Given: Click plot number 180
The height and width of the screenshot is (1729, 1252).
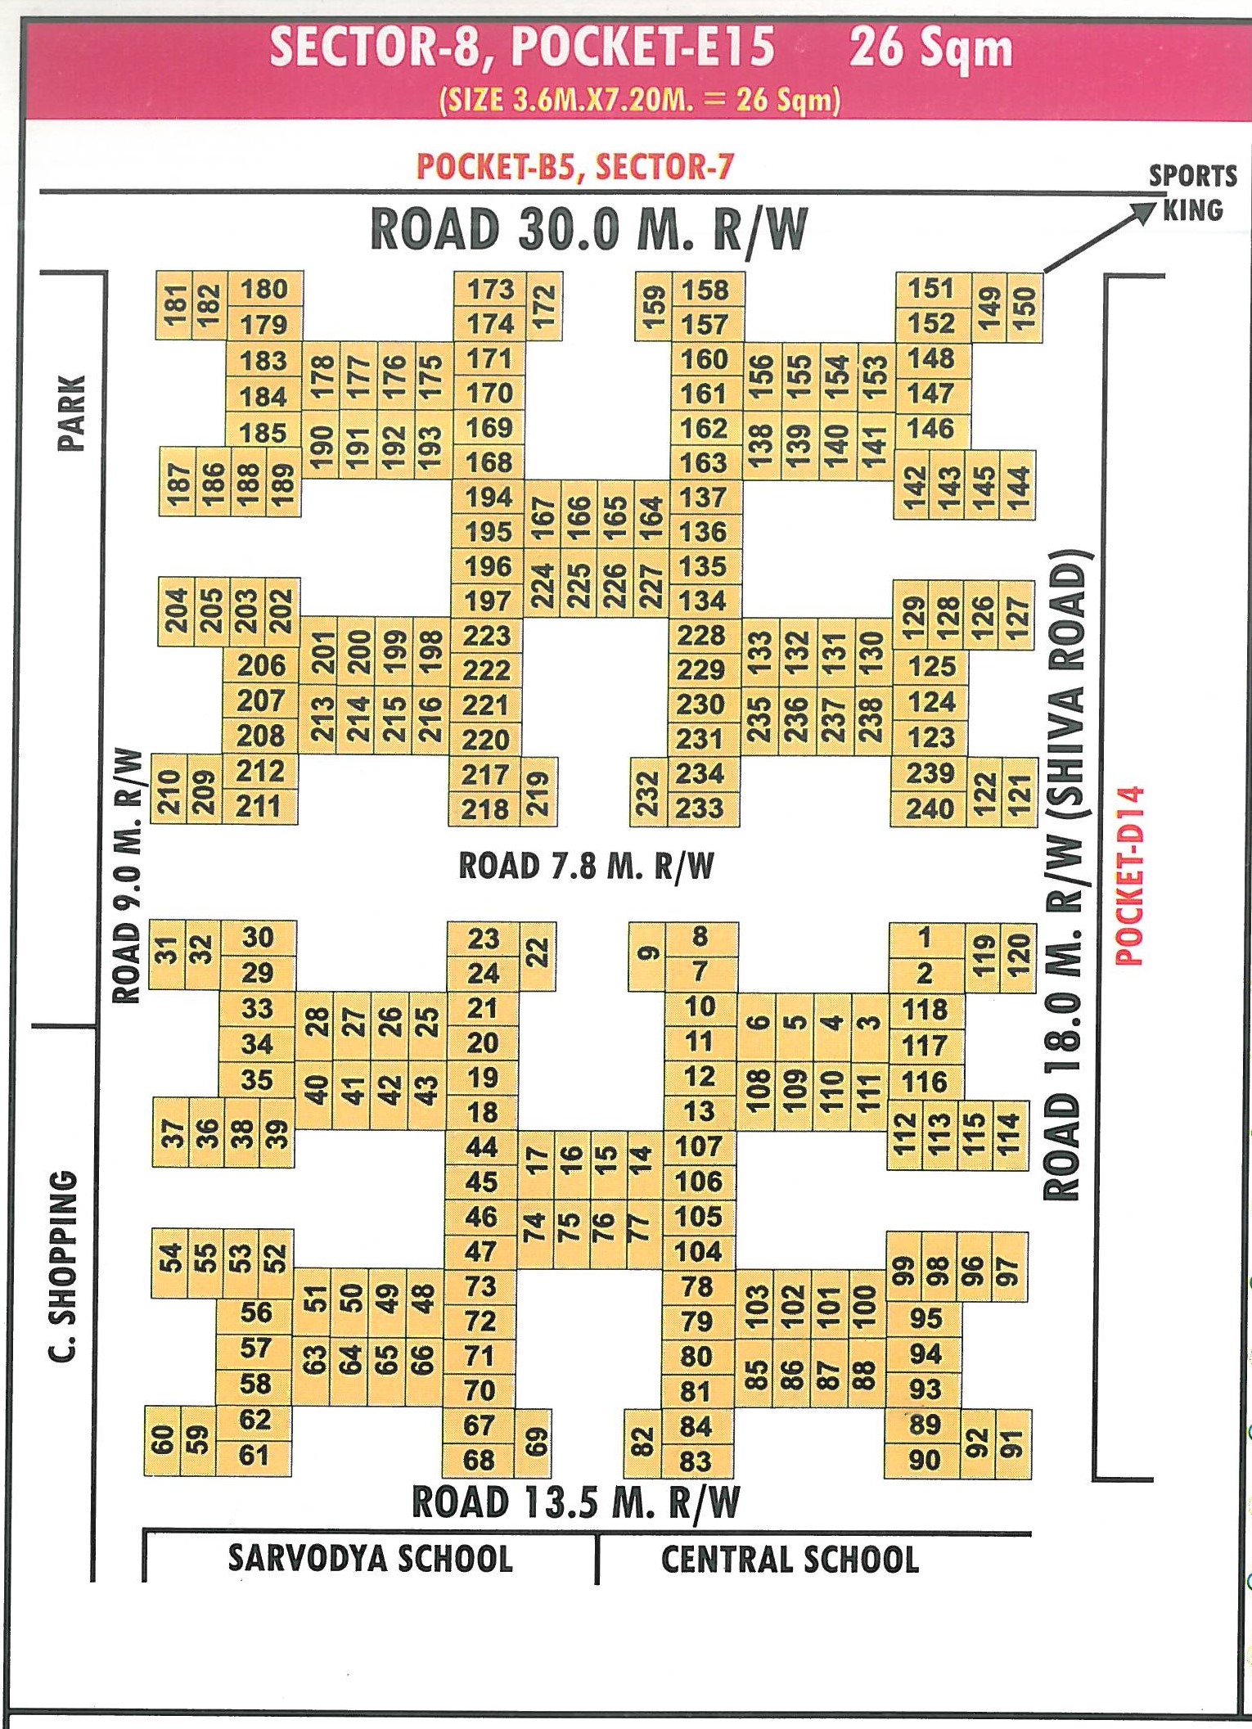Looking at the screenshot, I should pyautogui.click(x=264, y=290).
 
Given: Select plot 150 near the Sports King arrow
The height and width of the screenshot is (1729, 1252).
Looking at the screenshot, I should pyautogui.click(x=1025, y=307).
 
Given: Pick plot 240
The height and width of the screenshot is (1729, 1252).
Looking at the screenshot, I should pyautogui.click(x=930, y=808).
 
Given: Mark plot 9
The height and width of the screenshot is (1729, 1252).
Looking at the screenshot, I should pyautogui.click(x=647, y=954).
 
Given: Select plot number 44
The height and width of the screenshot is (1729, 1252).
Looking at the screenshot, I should pyautogui.click(x=481, y=1147).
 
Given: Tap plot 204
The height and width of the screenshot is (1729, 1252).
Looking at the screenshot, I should pyautogui.click(x=176, y=610).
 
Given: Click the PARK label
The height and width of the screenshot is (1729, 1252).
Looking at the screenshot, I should pyautogui.click(x=72, y=413).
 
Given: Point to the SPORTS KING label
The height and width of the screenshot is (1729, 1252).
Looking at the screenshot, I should pyautogui.click(x=1192, y=193).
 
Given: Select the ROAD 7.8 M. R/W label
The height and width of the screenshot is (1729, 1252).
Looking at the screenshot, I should pyautogui.click(x=586, y=866).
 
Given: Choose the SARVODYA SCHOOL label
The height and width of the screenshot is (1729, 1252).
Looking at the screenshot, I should pyautogui.click(x=371, y=1559).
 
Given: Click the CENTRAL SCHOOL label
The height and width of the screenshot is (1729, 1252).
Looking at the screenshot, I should pyautogui.click(x=790, y=1560).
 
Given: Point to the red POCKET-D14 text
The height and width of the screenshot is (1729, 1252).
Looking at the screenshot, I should pyautogui.click(x=1130, y=876).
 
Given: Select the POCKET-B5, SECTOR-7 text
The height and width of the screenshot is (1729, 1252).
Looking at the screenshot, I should pyautogui.click(x=575, y=167).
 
